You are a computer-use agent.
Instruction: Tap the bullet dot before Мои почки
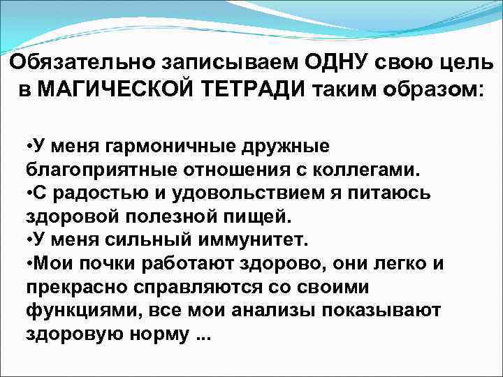click(29, 262)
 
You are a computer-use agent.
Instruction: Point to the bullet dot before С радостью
click(29, 193)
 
